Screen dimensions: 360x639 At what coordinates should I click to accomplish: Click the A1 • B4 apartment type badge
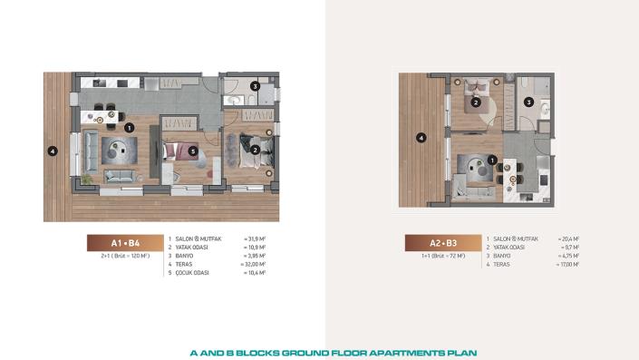click(x=125, y=243)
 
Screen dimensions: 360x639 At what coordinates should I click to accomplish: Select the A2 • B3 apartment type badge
click(x=443, y=243)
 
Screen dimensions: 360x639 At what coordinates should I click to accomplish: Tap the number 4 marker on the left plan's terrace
click(x=53, y=151)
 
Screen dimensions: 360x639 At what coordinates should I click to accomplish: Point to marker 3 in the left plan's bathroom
click(x=256, y=87)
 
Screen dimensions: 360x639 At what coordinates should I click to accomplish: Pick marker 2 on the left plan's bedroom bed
click(x=256, y=150)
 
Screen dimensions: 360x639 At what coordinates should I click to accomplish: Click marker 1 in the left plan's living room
click(x=130, y=128)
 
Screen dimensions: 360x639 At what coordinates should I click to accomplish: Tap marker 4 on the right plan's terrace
click(x=420, y=138)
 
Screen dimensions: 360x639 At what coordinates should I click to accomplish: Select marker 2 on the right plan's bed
click(x=476, y=102)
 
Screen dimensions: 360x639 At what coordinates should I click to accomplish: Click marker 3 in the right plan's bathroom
click(x=528, y=102)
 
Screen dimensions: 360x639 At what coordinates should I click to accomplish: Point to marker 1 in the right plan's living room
click(x=492, y=161)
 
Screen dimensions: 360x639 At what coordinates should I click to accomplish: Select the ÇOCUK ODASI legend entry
click(x=191, y=272)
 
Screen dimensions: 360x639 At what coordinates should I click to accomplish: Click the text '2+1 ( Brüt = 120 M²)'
click(x=125, y=257)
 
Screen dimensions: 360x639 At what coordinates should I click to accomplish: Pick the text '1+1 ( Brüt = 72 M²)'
click(x=443, y=257)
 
